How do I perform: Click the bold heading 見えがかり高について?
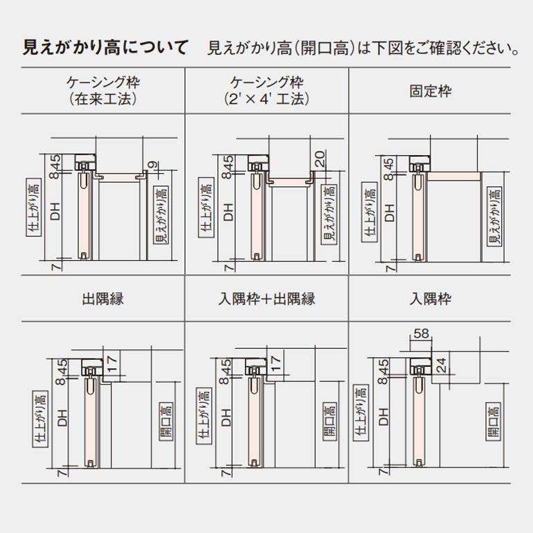[105, 48]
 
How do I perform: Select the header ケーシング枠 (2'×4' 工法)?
[266, 91]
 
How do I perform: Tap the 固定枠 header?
[430, 91]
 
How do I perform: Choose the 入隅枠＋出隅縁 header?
[266, 299]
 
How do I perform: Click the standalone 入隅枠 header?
[430, 299]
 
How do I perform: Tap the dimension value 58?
[421, 334]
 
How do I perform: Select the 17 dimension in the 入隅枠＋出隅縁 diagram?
[276, 364]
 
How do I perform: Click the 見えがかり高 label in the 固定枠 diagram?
[494, 215]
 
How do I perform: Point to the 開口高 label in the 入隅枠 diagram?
[493, 422]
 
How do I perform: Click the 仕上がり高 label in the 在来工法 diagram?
[33, 209]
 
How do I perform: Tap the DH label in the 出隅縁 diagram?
[62, 418]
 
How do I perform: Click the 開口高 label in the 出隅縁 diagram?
[165, 422]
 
